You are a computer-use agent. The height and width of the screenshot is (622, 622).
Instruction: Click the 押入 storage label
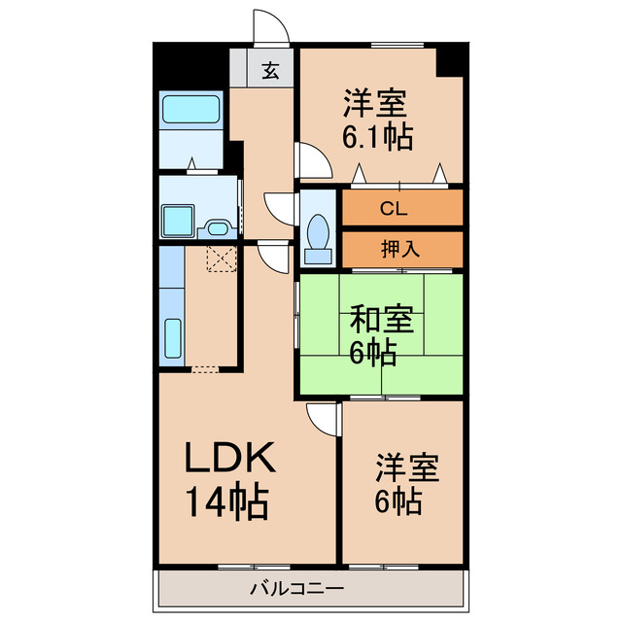399,248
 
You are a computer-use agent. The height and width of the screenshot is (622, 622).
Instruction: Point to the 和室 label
382,319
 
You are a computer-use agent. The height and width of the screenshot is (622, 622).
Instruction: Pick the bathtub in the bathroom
191,110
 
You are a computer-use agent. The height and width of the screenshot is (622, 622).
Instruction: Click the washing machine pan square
177,221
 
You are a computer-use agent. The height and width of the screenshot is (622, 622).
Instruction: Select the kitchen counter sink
172,339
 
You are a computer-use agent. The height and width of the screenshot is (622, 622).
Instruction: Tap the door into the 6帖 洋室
322,418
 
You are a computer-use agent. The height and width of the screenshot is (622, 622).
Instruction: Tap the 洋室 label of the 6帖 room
408,467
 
